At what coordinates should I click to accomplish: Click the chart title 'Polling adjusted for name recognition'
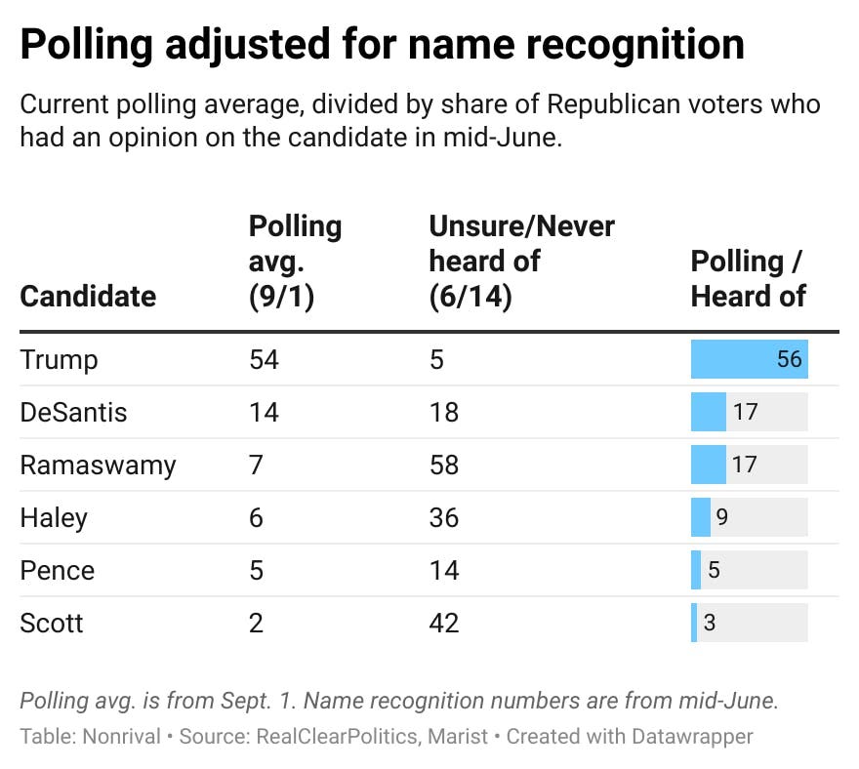pyautogui.click(x=382, y=44)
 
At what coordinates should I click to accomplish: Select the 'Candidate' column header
pyautogui.click(x=88, y=296)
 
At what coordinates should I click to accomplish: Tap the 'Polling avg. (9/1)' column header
pyautogui.click(x=295, y=261)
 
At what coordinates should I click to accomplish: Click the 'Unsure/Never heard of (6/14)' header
pyautogui.click(x=521, y=261)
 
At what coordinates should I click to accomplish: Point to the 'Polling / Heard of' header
pyautogui.click(x=749, y=278)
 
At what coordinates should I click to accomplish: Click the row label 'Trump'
pyautogui.click(x=59, y=359)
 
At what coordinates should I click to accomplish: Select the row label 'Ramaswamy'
pyautogui.click(x=98, y=465)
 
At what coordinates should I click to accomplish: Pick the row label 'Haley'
pyautogui.click(x=54, y=517)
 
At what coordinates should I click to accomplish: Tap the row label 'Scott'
pyautogui.click(x=52, y=623)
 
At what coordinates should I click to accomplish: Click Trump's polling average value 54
pyautogui.click(x=264, y=359)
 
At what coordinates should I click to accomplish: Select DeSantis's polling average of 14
pyautogui.click(x=264, y=412)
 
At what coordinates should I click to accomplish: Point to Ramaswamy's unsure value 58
pyautogui.click(x=444, y=465)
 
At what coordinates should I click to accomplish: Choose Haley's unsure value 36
pyautogui.click(x=444, y=517)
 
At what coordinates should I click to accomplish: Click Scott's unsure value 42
pyautogui.click(x=444, y=623)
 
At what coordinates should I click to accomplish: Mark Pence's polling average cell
pyautogui.click(x=256, y=570)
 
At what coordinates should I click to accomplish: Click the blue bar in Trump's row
pyautogui.click(x=732, y=359)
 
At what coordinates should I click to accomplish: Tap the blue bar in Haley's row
pyautogui.click(x=700, y=517)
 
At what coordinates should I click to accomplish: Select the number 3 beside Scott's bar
pyautogui.click(x=710, y=623)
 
